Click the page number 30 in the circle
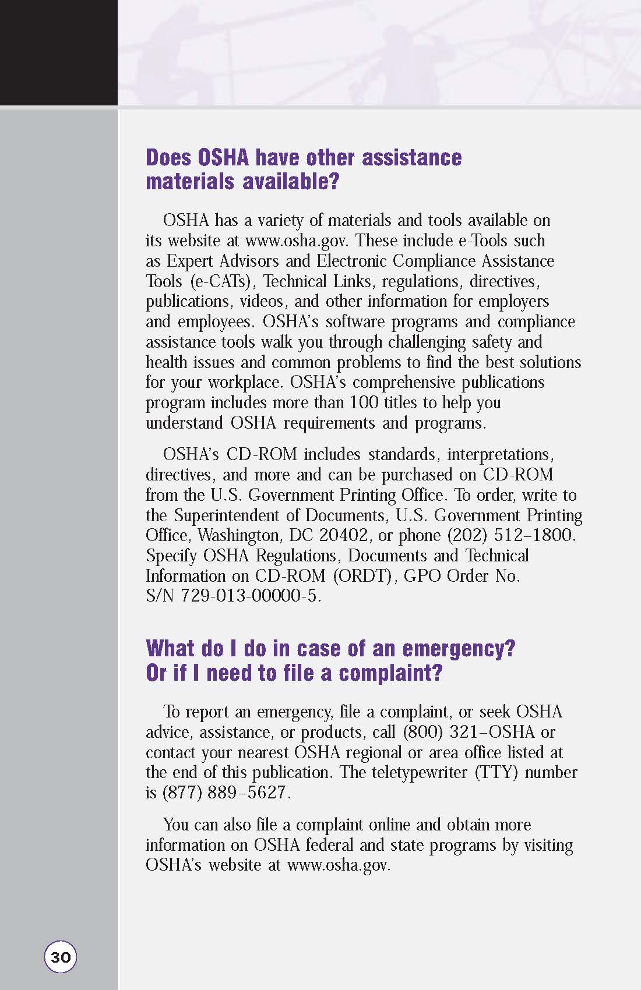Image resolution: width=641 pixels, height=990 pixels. pos(61,957)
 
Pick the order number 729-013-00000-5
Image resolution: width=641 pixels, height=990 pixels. pos(251,597)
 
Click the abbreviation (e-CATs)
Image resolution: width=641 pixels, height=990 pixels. pos(222,282)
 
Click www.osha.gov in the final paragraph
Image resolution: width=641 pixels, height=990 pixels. pos(338,865)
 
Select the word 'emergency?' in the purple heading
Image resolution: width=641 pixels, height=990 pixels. pos(459,649)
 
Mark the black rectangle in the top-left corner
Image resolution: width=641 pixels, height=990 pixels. pos(58,52)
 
